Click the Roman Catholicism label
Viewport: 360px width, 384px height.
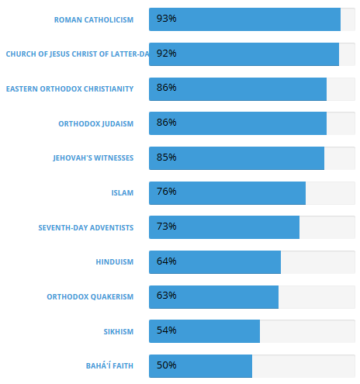click(x=94, y=20)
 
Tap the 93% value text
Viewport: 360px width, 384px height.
click(x=166, y=19)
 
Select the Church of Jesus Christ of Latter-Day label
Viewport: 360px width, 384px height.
click(x=78, y=54)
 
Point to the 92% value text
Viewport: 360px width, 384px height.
click(x=166, y=54)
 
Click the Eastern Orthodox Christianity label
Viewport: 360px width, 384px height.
click(x=70, y=89)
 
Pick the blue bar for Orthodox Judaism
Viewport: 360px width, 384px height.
click(x=237, y=123)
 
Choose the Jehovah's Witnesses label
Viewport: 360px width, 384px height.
click(x=93, y=158)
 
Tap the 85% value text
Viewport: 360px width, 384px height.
click(x=166, y=157)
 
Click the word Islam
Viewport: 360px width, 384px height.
click(x=123, y=193)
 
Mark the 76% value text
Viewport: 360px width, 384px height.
click(x=166, y=192)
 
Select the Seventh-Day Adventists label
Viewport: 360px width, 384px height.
click(x=86, y=228)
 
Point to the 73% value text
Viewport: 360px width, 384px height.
click(x=166, y=227)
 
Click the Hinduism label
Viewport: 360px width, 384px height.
click(x=115, y=262)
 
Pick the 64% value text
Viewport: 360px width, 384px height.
click(x=166, y=261)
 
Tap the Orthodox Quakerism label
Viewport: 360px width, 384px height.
click(x=90, y=297)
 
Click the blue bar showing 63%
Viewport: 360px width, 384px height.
click(x=213, y=297)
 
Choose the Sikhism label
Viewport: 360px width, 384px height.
click(x=119, y=332)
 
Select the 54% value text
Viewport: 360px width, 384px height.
click(x=166, y=330)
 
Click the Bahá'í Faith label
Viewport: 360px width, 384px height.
click(x=109, y=365)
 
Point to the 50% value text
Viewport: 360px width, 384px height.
click(x=166, y=365)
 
